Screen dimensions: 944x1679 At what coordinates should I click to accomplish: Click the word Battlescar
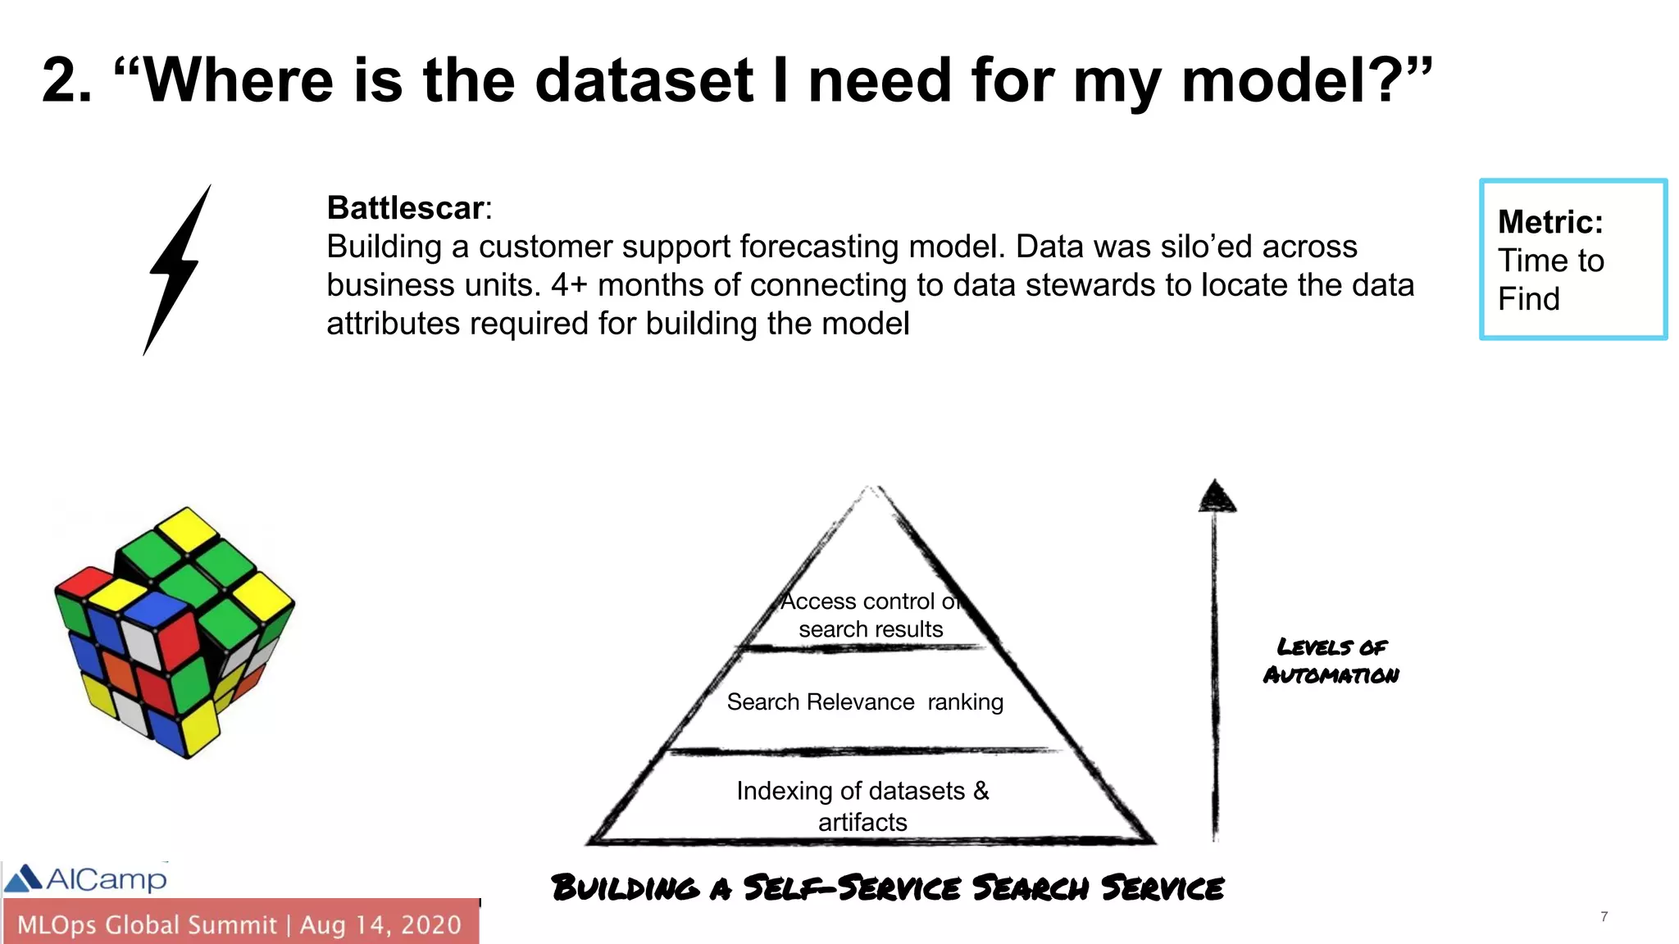pos(405,208)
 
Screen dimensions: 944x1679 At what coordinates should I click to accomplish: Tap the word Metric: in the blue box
pos(1549,222)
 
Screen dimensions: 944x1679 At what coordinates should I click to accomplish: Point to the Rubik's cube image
pos(174,632)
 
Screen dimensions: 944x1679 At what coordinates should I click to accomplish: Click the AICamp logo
pos(86,878)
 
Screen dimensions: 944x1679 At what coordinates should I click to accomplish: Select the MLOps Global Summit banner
pos(239,924)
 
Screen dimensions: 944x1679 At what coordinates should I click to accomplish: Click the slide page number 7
pos(1604,916)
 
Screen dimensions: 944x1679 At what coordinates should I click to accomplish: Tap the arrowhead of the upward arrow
pos(1216,497)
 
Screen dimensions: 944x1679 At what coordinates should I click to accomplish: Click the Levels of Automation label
pos(1331,660)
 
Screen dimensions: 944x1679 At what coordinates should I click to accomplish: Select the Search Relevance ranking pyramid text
pos(864,702)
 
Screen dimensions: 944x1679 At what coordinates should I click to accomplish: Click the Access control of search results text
pos(870,615)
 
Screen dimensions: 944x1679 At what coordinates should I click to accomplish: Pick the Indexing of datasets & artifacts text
pos(862,806)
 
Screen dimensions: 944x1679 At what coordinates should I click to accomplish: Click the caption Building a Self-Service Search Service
pos(887,887)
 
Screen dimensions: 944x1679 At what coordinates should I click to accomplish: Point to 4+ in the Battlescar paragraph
pos(569,285)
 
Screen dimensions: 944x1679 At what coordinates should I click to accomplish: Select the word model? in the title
pos(1294,80)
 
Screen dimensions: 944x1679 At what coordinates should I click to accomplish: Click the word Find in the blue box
pos(1528,299)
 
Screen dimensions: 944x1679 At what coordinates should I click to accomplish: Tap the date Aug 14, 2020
pos(380,924)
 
